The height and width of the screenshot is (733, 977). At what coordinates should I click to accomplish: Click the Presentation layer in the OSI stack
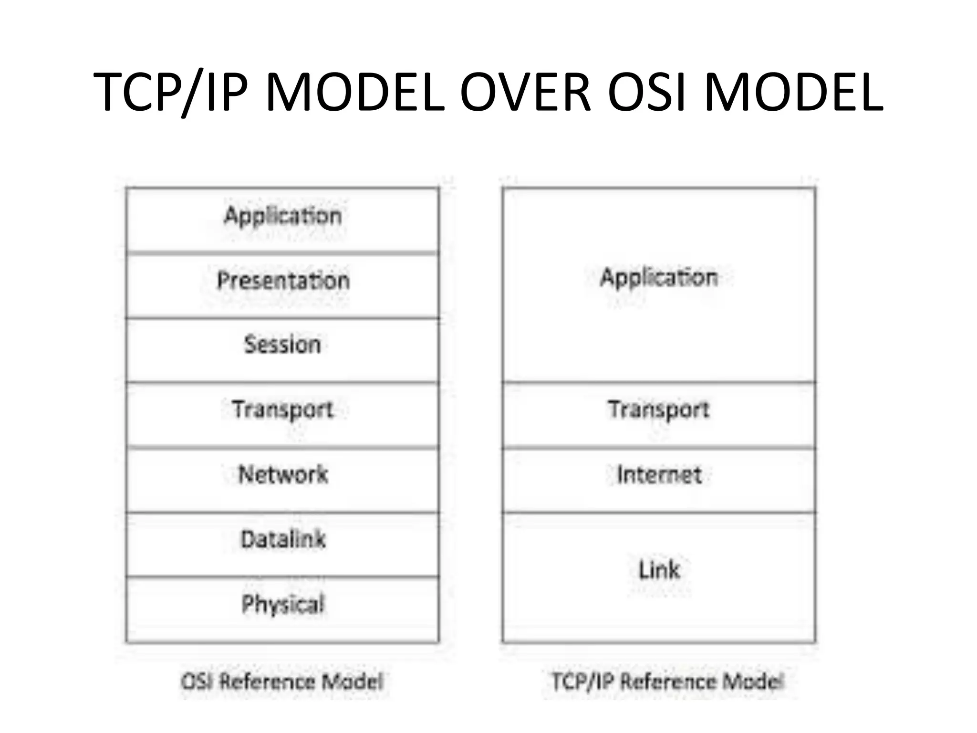[283, 281]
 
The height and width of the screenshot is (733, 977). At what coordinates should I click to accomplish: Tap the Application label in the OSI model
[283, 216]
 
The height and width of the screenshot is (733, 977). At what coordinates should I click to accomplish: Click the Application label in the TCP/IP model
[659, 278]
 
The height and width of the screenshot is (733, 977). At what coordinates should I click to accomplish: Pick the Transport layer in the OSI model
[283, 410]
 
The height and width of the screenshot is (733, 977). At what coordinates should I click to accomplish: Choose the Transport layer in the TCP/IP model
[659, 410]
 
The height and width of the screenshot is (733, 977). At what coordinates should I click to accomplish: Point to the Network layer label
[283, 474]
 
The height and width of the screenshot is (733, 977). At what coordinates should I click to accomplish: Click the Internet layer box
[659, 480]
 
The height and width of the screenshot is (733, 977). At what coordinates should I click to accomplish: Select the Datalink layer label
[283, 539]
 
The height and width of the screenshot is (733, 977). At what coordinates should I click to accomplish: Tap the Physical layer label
[283, 604]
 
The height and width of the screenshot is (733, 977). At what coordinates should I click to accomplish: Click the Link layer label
[659, 570]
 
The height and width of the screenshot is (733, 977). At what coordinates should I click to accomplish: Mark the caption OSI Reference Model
[282, 681]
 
